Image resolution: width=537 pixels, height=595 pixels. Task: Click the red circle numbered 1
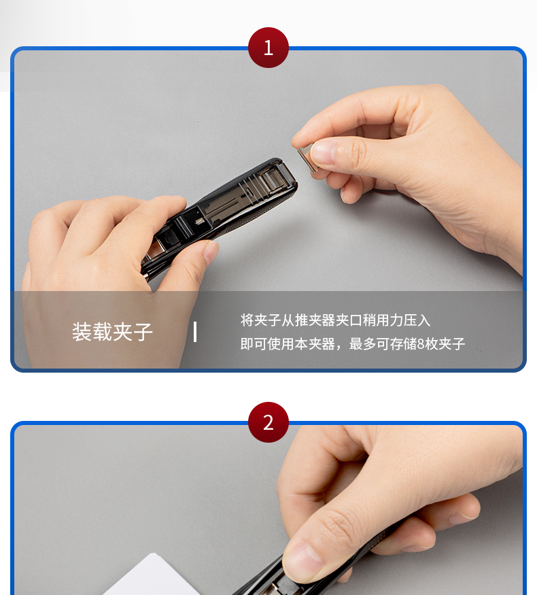pos(268,48)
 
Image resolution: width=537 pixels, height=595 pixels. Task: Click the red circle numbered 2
pos(268,422)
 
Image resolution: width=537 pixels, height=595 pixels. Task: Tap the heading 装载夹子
pos(112,332)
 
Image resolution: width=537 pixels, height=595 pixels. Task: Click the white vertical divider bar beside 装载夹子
pos(195,332)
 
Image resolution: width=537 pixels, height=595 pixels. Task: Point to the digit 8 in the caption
pos(421,344)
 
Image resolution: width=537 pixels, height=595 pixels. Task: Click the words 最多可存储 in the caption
pos(383,344)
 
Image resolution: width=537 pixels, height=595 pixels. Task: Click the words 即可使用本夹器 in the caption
pos(288,344)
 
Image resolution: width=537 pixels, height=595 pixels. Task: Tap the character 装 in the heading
pos(82,332)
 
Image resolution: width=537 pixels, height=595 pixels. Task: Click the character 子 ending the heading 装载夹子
pos(143,332)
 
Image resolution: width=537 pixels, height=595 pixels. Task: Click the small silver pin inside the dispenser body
pos(198,221)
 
